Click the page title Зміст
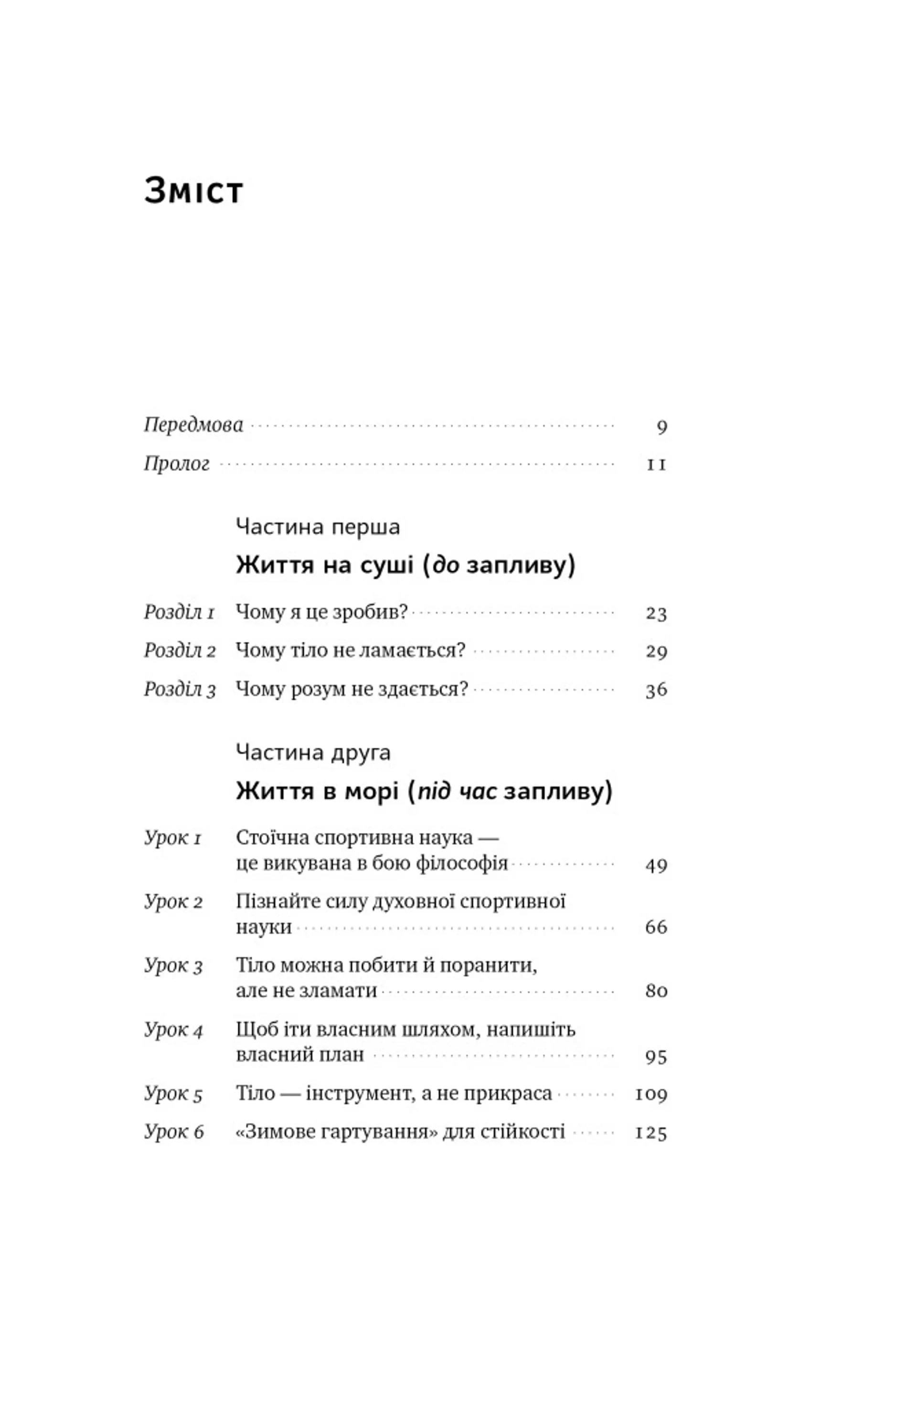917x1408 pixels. coord(193,191)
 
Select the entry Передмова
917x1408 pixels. coord(193,425)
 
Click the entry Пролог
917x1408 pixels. coord(176,463)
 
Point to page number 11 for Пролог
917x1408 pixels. coord(656,465)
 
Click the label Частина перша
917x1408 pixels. coord(317,526)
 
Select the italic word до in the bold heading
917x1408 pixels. coord(446,565)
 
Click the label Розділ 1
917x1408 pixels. coord(179,612)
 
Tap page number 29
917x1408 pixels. coord(656,651)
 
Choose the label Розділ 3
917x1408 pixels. coord(179,689)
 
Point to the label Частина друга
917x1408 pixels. coord(312,752)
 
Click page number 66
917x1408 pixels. coord(656,927)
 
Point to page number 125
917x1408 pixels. coord(651,1133)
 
